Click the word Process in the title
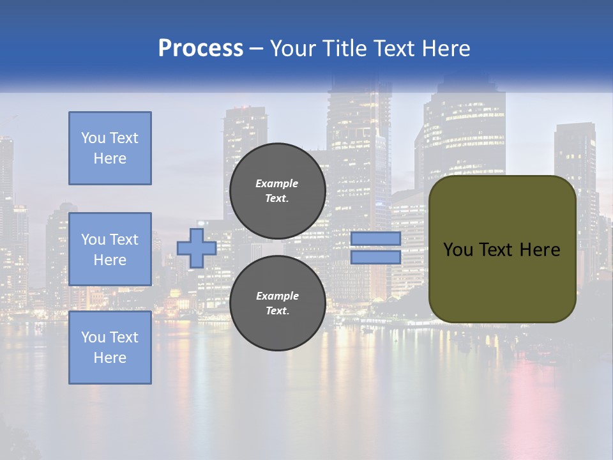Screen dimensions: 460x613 pyautogui.click(x=201, y=49)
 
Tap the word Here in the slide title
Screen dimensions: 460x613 pyautogui.click(x=447, y=49)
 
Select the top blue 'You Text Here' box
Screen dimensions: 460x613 pyautogui.click(x=110, y=148)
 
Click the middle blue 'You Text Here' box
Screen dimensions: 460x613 pyautogui.click(x=110, y=249)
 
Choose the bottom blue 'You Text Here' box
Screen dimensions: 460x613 pyautogui.click(x=110, y=348)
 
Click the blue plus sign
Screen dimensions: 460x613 pyautogui.click(x=197, y=249)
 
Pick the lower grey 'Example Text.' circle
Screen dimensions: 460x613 pyautogui.click(x=277, y=303)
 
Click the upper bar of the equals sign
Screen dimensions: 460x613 pyautogui.click(x=376, y=238)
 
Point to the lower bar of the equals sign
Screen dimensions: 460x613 pyautogui.click(x=376, y=257)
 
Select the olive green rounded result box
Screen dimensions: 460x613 pyautogui.click(x=503, y=275)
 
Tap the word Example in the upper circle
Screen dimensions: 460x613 pyautogui.click(x=277, y=184)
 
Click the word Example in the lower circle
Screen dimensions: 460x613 pyautogui.click(x=277, y=296)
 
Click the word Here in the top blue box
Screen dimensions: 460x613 pyautogui.click(x=110, y=158)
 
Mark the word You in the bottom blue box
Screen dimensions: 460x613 pyautogui.click(x=93, y=337)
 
